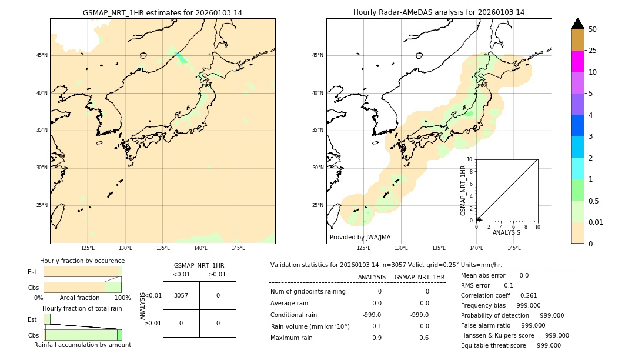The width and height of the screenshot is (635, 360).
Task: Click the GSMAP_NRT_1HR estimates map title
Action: tap(162, 12)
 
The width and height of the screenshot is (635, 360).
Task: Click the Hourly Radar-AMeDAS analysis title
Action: tap(439, 12)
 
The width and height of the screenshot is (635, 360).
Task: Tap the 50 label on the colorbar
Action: tap(593, 29)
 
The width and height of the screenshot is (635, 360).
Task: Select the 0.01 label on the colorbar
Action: tap(596, 222)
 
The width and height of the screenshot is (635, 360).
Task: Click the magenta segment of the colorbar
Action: tap(578, 61)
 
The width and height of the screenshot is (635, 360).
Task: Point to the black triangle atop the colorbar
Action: tap(578, 24)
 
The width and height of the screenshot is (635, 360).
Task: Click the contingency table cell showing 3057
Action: tap(181, 295)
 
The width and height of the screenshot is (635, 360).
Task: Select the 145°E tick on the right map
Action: tap(514, 248)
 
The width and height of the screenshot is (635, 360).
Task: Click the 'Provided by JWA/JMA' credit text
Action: tap(360, 238)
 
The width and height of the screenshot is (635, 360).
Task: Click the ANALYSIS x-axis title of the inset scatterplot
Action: tap(506, 232)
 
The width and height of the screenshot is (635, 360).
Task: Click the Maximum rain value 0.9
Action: tap(376, 338)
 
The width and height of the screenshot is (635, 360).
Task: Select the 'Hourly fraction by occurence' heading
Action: tap(82, 261)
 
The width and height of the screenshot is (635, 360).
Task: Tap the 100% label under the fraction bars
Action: tap(122, 298)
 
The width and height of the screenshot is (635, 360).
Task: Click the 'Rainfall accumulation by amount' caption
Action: tap(82, 345)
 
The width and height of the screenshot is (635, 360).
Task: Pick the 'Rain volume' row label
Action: tap(310, 326)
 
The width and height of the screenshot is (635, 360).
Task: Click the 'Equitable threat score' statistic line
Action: tap(510, 346)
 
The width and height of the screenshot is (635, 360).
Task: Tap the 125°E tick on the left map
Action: tap(88, 248)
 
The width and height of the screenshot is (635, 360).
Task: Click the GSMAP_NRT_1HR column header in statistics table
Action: tap(419, 277)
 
